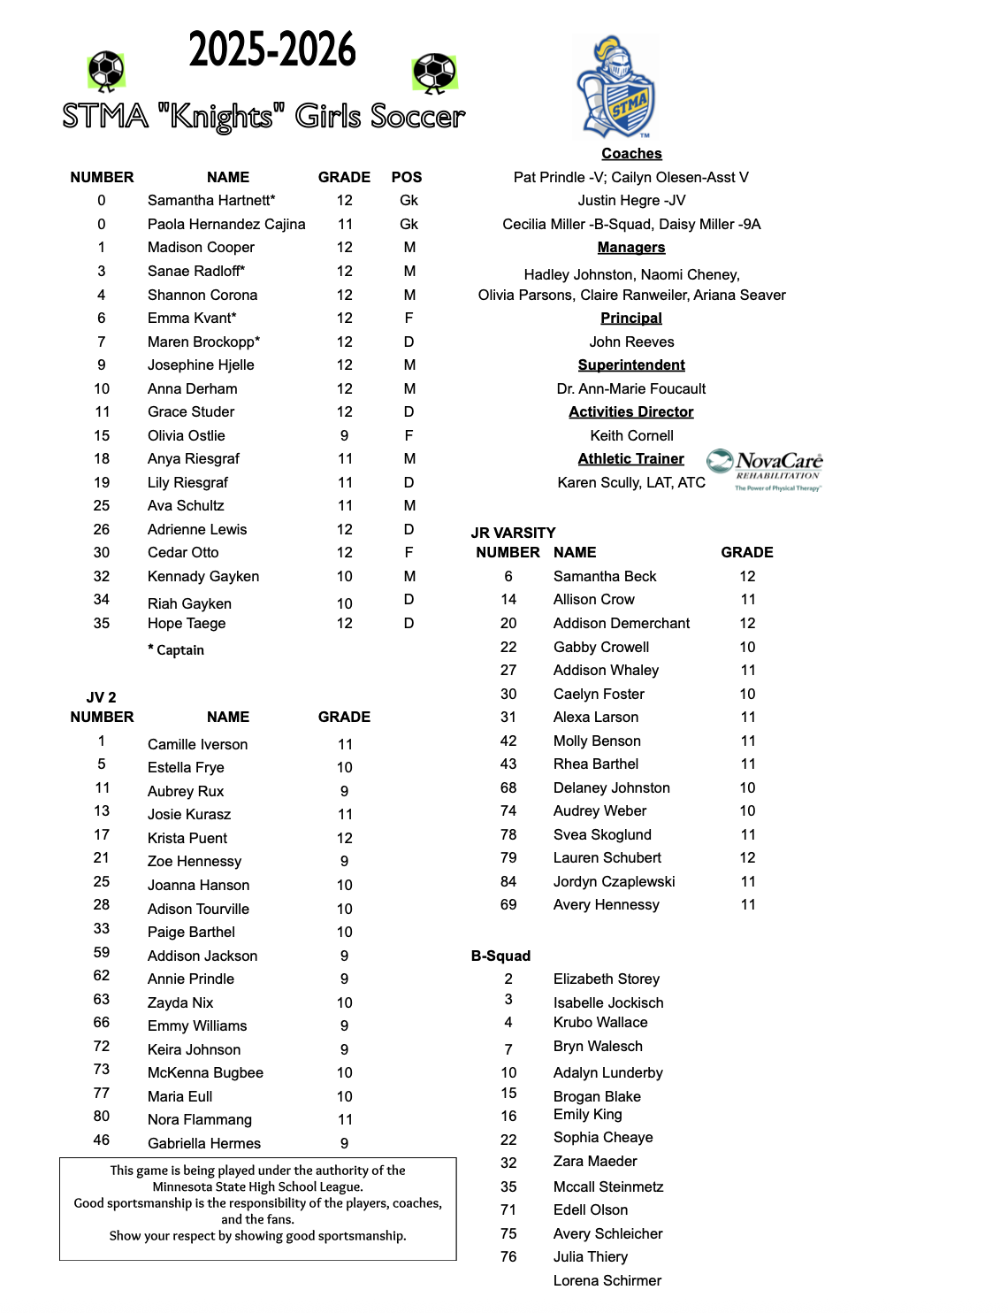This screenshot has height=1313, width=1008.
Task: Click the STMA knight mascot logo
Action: coord(615,88)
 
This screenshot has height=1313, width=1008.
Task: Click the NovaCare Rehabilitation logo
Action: coord(765,469)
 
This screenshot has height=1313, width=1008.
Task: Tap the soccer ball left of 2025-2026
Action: coord(106,71)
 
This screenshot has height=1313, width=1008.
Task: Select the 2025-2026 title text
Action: coord(272,50)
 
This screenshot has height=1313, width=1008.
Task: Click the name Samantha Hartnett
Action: coord(211,201)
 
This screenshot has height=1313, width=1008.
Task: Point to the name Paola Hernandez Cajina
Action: coord(226,225)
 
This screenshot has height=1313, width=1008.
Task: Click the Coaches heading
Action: coord(631,154)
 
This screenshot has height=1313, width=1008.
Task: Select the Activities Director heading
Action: coord(631,412)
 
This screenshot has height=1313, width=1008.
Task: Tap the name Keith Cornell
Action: coord(631,435)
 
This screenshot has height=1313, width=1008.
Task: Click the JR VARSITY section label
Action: coord(514,533)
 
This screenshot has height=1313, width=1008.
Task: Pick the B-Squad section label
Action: coord(500,956)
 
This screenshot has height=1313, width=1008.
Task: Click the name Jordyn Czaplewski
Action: coord(614,881)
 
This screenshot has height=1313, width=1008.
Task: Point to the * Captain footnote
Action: coord(176,650)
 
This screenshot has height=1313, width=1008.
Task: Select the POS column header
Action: coord(407,177)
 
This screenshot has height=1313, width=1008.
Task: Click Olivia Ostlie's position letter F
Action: coord(409,435)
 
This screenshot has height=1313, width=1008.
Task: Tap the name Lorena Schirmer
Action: coord(607,1280)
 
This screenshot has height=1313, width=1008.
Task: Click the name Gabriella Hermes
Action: coord(204,1143)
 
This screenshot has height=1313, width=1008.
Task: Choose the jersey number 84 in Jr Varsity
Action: coord(508,881)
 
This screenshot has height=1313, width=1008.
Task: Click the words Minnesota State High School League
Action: coord(257,1186)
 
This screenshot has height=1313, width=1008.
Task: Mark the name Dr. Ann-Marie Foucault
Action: coord(631,388)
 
